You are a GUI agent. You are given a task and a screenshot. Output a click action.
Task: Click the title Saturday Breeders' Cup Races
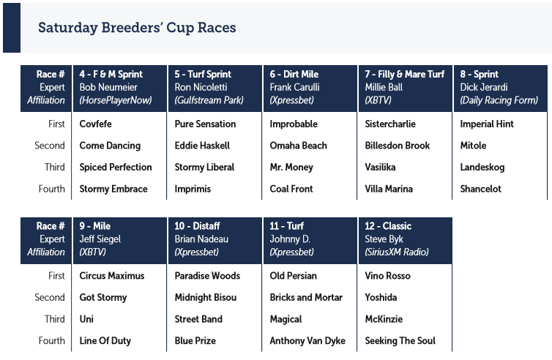click(x=137, y=28)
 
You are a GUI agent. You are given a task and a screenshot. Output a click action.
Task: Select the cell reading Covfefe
click(x=95, y=124)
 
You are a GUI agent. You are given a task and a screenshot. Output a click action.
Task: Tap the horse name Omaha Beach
click(x=298, y=146)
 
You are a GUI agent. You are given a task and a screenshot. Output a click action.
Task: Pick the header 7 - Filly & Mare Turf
click(x=405, y=74)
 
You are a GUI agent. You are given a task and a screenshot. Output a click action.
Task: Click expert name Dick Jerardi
click(x=484, y=87)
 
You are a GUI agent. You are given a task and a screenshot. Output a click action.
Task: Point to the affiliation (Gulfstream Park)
click(x=209, y=100)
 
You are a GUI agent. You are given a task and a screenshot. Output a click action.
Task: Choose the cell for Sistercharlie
click(x=390, y=124)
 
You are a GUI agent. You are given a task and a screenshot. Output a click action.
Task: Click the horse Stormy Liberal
click(x=204, y=167)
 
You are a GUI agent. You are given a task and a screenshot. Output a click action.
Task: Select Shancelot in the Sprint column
click(x=480, y=189)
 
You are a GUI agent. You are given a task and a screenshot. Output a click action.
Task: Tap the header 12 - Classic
click(x=388, y=226)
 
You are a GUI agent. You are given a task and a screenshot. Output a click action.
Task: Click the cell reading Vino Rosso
click(x=387, y=276)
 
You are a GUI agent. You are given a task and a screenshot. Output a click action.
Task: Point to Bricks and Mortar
click(x=306, y=297)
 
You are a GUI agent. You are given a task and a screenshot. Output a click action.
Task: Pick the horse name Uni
click(x=86, y=319)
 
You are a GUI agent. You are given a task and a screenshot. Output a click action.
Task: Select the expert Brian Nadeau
click(x=201, y=239)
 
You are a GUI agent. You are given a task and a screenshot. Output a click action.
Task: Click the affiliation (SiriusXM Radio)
click(x=397, y=252)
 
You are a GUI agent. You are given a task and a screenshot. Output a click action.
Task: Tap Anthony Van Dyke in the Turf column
click(x=307, y=341)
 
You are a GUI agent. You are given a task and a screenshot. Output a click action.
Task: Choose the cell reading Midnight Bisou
click(x=205, y=298)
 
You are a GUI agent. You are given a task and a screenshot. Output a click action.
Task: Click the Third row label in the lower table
click(x=55, y=319)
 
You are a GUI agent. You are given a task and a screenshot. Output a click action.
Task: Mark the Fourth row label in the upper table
click(x=52, y=189)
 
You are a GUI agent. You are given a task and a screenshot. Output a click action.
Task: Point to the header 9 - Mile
click(x=94, y=226)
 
